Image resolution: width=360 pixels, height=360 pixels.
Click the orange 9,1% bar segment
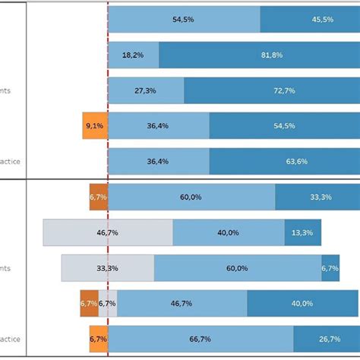pyautogui.click(x=95, y=126)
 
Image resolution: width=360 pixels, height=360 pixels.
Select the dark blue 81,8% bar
pyautogui.click(x=259, y=55)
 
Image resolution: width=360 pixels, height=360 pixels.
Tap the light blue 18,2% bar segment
pyautogui.click(x=134, y=55)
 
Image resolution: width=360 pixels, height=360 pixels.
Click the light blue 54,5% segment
pyautogui.click(x=184, y=19)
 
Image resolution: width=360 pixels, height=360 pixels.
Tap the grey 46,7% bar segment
pyautogui.click(x=108, y=232)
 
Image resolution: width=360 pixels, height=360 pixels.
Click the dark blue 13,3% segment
pyautogui.click(x=302, y=232)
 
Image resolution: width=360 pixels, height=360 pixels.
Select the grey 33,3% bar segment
pyautogui.click(x=107, y=268)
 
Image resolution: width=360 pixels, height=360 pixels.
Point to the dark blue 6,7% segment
pyautogui.click(x=330, y=268)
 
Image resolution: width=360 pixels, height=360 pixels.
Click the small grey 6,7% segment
pyautogui.click(x=107, y=303)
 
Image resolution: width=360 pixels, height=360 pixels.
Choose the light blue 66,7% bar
pyautogui.click(x=201, y=339)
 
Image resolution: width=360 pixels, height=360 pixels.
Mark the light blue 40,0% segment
pyautogui.click(x=229, y=232)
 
